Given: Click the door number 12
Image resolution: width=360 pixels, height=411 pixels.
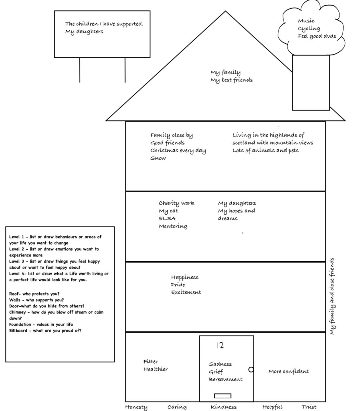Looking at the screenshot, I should tap(219, 345).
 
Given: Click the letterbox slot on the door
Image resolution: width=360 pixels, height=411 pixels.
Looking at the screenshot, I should tap(222, 396).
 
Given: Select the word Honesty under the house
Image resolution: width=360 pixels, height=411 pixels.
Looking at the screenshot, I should tap(136, 407).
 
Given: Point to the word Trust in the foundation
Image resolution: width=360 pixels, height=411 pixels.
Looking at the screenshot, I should tap(309, 407).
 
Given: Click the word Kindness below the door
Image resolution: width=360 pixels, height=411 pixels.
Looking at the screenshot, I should tap(224, 407).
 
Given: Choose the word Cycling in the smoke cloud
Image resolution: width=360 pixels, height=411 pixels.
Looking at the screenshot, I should tap(309, 28).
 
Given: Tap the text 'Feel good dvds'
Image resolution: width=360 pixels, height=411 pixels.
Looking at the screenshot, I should tap(317, 36).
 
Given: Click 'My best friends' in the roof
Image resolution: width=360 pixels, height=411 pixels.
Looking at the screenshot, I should tap(232, 80).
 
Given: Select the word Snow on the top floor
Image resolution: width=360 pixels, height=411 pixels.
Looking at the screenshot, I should tap(158, 158).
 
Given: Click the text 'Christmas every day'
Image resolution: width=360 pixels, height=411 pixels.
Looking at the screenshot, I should tap(178, 151).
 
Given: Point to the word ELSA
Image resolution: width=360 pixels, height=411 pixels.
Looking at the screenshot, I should tap(167, 218).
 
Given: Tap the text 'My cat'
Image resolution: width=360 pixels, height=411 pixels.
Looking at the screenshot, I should tap(168, 211).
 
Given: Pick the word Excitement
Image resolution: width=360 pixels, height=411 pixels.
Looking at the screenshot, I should tap(186, 292).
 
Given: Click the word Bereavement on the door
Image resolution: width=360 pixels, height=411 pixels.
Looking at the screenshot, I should tap(225, 379).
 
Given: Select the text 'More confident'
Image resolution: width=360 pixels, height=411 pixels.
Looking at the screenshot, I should tap(289, 372).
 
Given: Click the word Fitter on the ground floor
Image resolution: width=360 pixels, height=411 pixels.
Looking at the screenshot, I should tap(151, 361).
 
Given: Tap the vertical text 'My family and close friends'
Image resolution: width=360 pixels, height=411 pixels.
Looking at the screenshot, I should tap(332, 296).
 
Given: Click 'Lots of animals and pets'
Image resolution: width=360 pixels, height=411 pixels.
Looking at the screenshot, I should tap(265, 151).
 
